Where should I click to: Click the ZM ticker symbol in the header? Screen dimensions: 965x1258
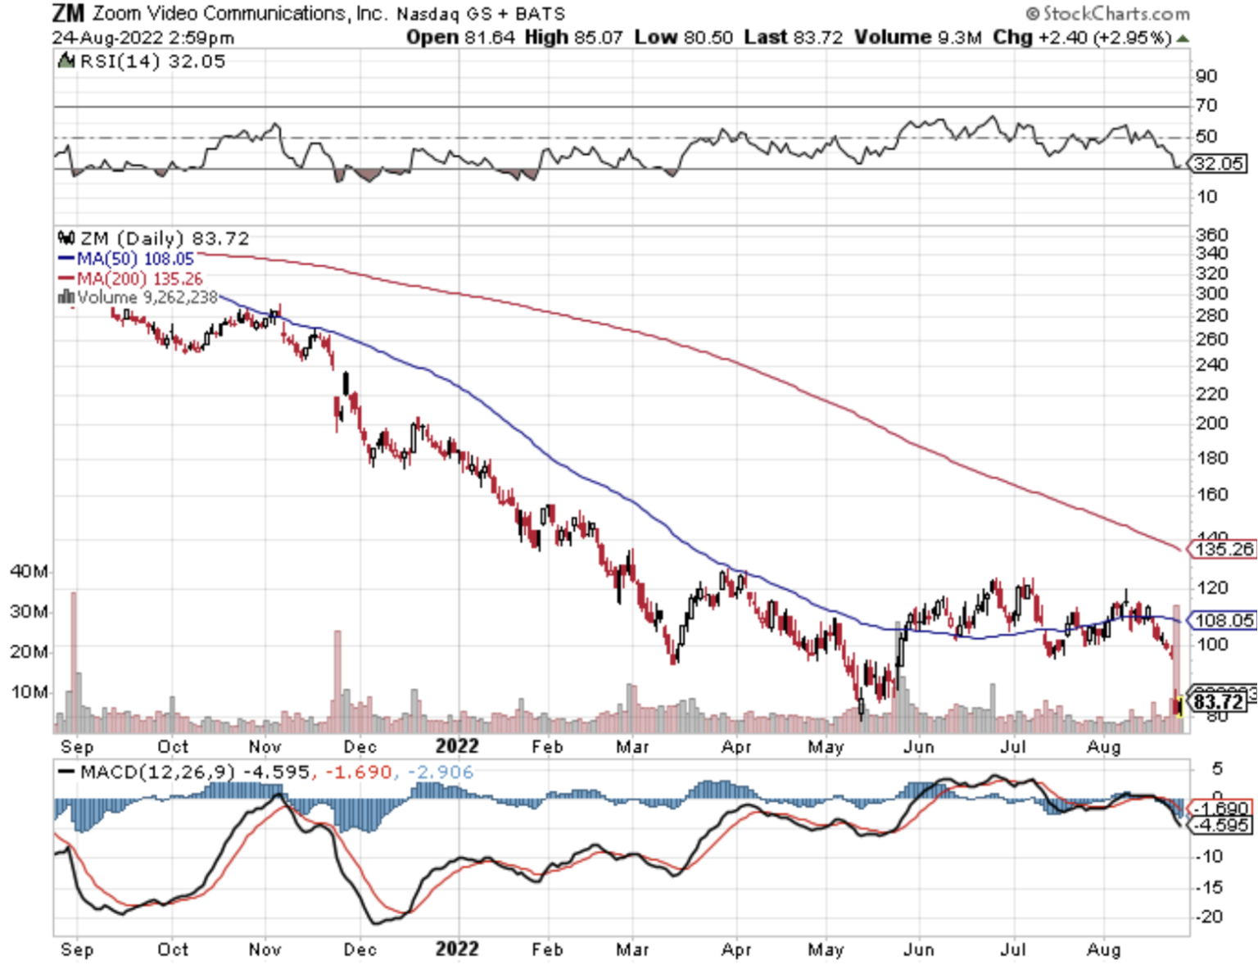[67, 13]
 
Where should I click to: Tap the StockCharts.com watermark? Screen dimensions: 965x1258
[1107, 13]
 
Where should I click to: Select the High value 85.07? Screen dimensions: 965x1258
[600, 38]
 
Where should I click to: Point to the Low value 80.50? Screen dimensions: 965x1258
[709, 38]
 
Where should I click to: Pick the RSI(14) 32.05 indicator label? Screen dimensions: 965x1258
[152, 61]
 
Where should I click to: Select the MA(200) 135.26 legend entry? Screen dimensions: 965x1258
[139, 279]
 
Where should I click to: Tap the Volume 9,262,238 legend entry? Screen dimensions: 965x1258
[147, 297]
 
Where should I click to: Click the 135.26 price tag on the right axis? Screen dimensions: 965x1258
[1224, 549]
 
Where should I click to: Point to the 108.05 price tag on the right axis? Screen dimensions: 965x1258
[1224, 620]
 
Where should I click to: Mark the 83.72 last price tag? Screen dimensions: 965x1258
[1219, 701]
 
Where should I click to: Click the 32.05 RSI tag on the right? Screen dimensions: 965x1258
[1218, 164]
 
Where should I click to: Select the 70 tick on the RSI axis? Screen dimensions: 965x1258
[1206, 106]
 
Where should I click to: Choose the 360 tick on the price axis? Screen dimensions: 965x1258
[1211, 235]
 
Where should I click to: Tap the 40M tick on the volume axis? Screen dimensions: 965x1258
[29, 571]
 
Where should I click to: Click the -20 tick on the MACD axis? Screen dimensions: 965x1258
[1209, 917]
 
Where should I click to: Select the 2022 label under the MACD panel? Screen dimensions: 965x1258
[456, 949]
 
